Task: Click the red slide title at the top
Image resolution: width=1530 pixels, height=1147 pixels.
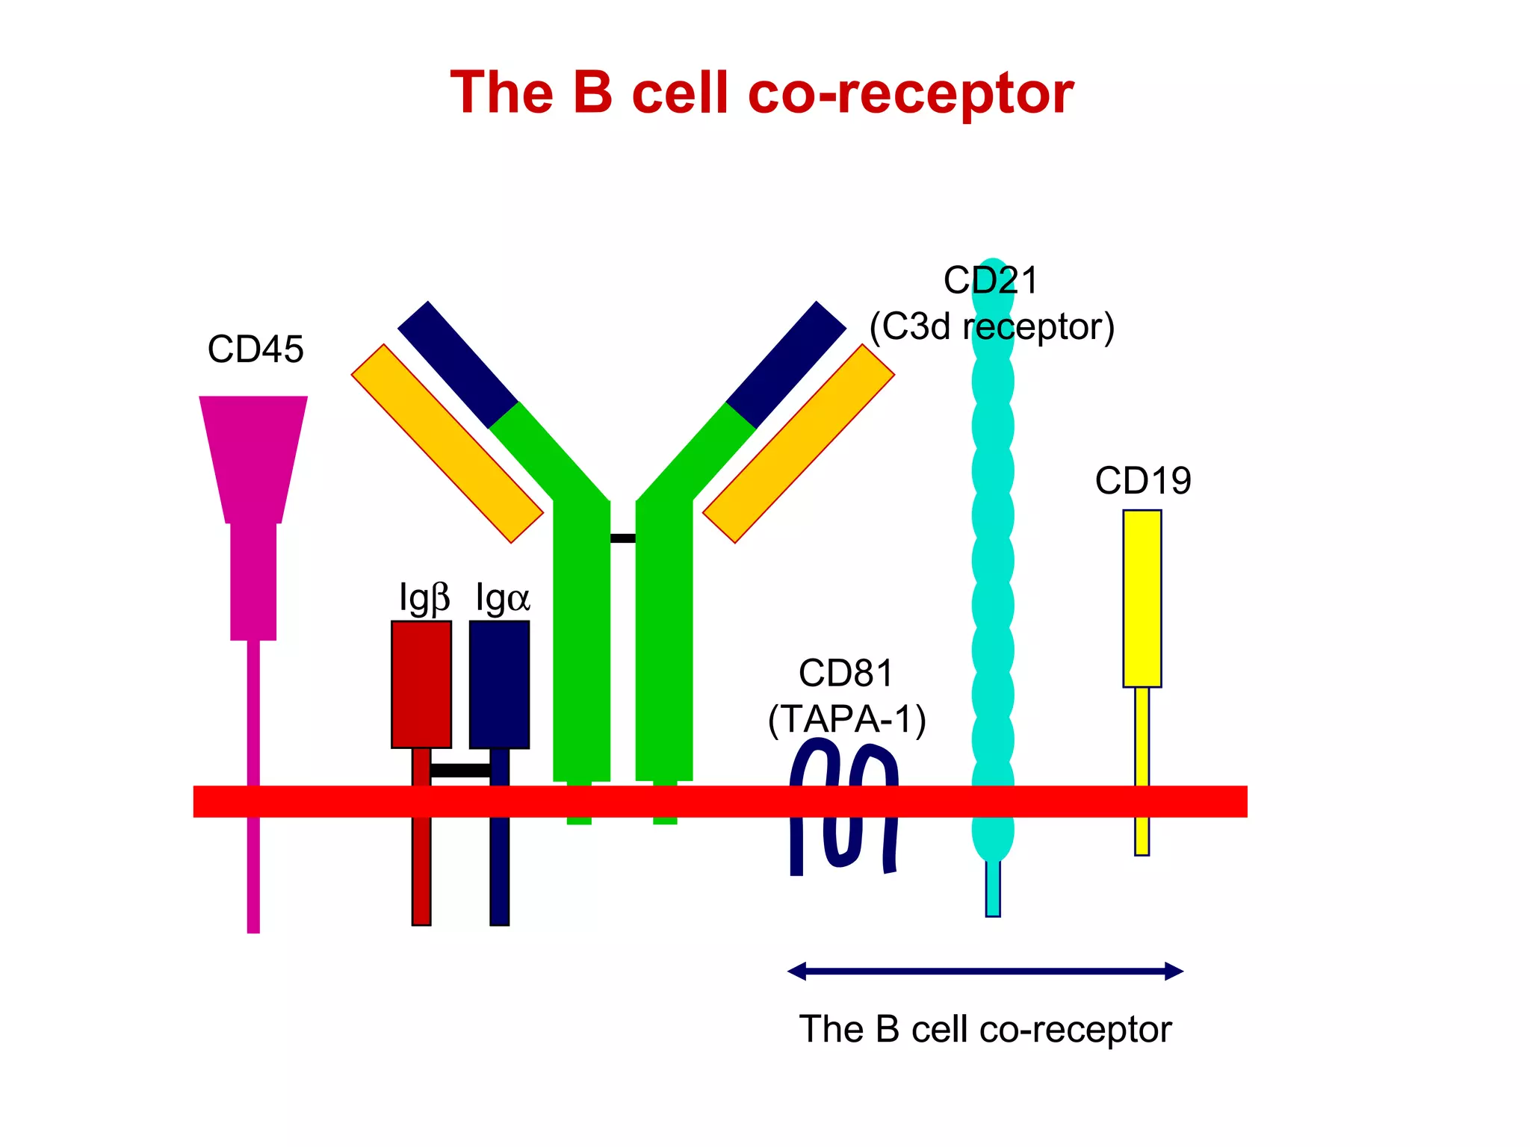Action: pos(761,93)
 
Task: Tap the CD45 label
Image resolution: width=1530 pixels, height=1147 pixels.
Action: pos(255,349)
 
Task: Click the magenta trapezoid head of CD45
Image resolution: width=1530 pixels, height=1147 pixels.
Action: pos(253,456)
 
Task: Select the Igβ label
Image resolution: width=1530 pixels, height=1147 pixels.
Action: pos(424,598)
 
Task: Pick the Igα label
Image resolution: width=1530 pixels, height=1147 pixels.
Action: pos(502,598)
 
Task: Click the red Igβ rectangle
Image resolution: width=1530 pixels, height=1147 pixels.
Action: pos(421,684)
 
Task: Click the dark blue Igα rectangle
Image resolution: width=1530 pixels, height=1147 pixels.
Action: pos(499,684)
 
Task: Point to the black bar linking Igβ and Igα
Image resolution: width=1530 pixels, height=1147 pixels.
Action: pos(460,770)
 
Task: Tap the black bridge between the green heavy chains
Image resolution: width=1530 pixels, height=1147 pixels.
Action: pos(622,538)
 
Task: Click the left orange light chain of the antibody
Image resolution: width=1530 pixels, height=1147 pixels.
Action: pos(447,444)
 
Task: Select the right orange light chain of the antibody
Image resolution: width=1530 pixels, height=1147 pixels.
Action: pos(799,444)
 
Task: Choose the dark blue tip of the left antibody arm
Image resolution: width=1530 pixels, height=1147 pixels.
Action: pos(457,364)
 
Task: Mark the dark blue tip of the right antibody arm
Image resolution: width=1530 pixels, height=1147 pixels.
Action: pos(787,364)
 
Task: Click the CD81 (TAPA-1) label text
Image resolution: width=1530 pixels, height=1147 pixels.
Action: pos(846,696)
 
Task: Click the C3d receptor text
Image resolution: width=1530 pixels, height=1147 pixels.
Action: pos(992,326)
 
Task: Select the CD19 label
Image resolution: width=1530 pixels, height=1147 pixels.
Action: pos(1142,480)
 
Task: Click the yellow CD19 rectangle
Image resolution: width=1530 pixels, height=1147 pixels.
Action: pos(1142,598)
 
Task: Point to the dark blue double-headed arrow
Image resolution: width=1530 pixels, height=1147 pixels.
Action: pos(985,972)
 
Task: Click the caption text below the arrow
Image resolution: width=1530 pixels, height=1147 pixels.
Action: pos(985,1029)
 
